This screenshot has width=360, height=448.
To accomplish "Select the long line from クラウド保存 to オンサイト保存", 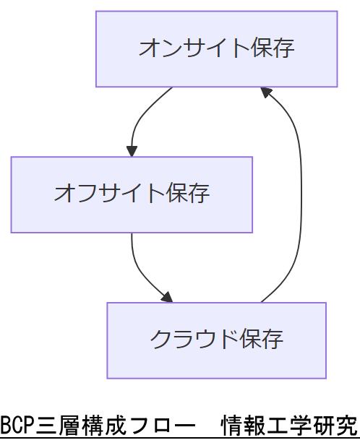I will coord(300,195).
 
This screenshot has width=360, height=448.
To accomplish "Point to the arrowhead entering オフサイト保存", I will coord(132,150).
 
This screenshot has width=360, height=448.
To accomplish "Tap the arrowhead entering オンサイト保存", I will coord(266,92).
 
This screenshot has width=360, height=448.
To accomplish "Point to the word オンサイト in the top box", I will coord(190,48).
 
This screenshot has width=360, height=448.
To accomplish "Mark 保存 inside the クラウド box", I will coord(262,339).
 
